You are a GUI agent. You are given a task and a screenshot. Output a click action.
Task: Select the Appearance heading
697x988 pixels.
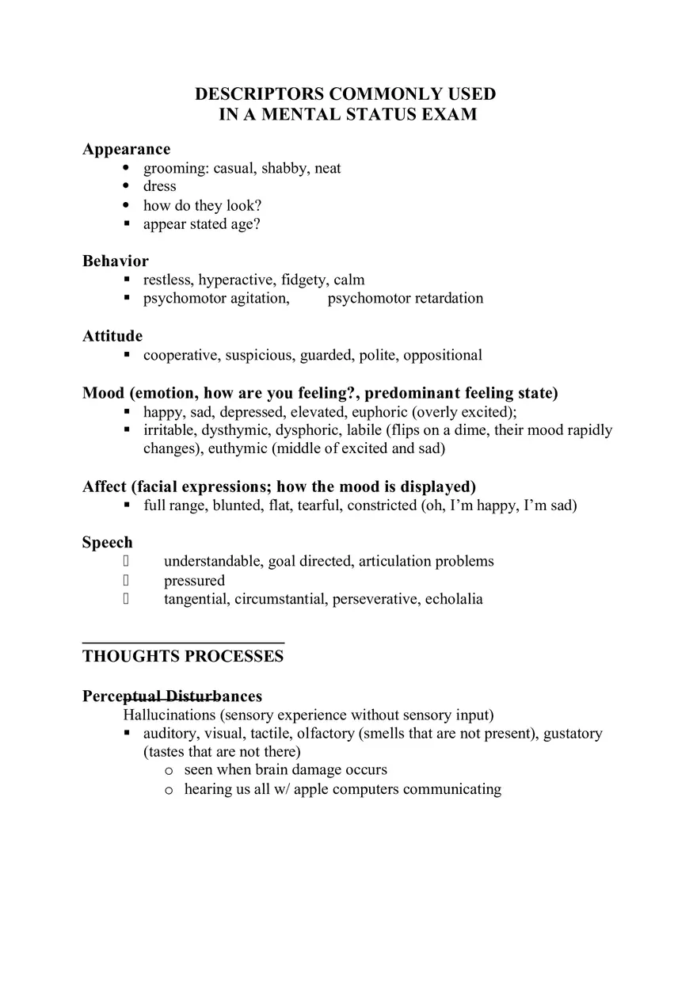pyautogui.click(x=126, y=149)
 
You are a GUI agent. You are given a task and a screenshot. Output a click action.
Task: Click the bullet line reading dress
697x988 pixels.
pyautogui.click(x=159, y=186)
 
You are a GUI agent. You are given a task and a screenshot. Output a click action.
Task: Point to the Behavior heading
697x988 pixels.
pyautogui.click(x=115, y=261)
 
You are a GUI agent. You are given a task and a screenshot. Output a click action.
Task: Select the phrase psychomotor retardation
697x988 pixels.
pyautogui.click(x=405, y=299)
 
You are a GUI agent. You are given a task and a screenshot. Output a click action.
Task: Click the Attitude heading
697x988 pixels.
pyautogui.click(x=112, y=336)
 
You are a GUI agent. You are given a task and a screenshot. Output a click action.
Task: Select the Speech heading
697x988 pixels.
pyautogui.click(x=107, y=543)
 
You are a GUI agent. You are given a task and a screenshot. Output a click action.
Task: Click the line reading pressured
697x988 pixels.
pyautogui.click(x=194, y=581)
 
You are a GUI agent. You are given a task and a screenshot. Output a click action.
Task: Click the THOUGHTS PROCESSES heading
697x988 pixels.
pyautogui.click(x=182, y=656)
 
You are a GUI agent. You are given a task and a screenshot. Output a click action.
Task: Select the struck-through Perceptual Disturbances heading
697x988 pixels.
pyautogui.click(x=172, y=696)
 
